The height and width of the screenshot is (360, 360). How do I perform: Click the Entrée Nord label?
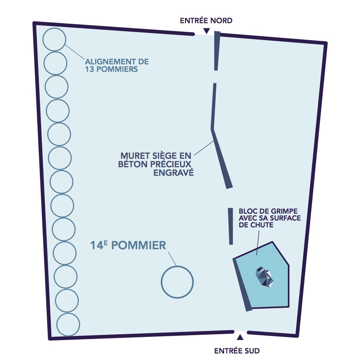[206, 21]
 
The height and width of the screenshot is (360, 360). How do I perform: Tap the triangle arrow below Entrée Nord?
[206, 31]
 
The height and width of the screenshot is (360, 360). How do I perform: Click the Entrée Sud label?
[237, 351]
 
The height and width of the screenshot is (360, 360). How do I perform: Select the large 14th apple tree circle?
[177, 282]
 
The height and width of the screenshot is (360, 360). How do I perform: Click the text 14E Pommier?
[128, 245]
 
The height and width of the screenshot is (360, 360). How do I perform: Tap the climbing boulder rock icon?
[265, 277]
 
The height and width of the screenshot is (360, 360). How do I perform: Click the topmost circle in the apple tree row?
[54, 40]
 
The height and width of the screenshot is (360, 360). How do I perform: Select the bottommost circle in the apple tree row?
[68, 324]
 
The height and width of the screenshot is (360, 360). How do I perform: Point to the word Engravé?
[173, 172]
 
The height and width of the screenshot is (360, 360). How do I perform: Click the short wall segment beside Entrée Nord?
[217, 51]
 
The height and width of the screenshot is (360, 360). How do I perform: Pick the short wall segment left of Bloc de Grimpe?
[231, 226]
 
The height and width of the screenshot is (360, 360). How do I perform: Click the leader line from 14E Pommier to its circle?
[172, 258]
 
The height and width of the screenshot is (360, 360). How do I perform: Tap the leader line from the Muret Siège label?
[204, 148]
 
